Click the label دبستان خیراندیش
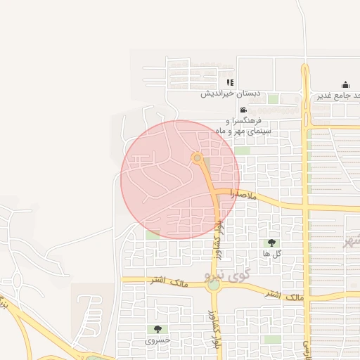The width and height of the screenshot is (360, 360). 230,94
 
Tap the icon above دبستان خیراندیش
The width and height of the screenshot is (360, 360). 229,82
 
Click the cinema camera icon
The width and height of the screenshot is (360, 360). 243,110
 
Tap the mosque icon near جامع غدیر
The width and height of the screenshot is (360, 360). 345,85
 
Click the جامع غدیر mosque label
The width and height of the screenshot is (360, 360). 338,96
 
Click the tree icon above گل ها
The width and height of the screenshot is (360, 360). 271,243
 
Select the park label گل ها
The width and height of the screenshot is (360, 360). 271,253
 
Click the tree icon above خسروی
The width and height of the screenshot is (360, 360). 157,329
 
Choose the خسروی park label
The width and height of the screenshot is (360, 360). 157,340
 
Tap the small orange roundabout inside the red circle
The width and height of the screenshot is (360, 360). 198,157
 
